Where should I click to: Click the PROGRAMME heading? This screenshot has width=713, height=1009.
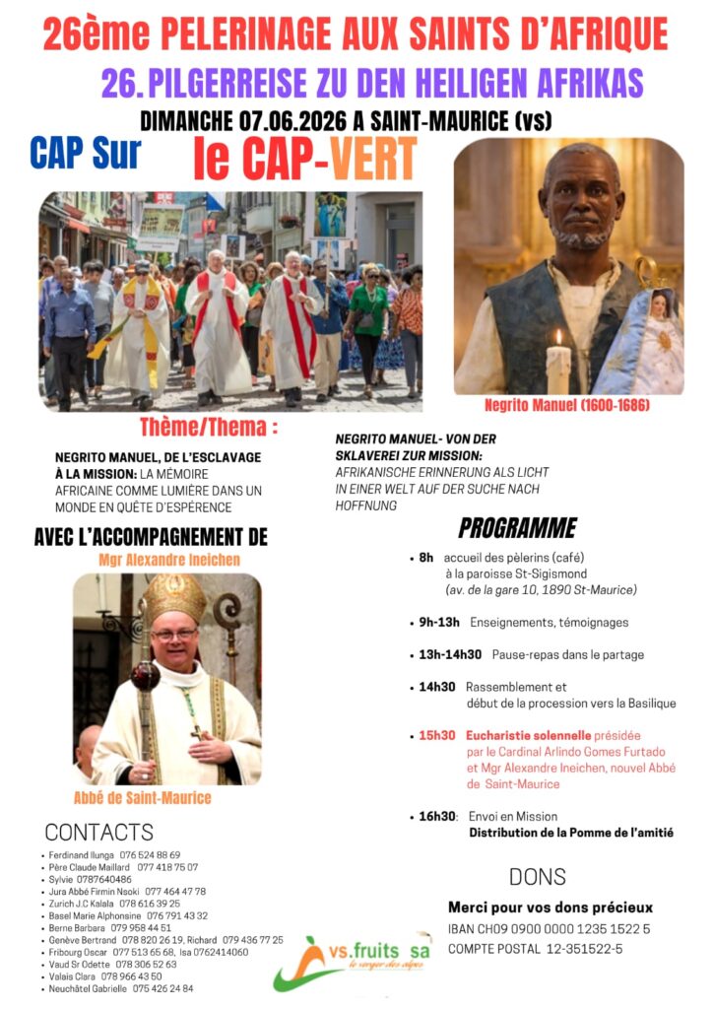coord(517,528)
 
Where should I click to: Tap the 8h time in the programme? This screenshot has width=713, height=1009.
coord(426,558)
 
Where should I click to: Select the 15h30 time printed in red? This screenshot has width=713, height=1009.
coord(436,735)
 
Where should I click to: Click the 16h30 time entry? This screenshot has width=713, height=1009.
coord(438,816)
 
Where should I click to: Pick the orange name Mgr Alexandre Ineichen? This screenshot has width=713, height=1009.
coord(169,560)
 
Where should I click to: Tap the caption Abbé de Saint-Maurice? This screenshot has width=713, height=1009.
coord(143,797)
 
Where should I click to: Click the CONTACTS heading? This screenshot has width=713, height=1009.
coord(99,832)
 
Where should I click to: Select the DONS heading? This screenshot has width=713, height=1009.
coord(537,876)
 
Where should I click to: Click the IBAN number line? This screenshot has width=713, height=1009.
coord(549,928)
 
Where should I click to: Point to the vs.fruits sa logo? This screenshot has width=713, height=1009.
coord(352,961)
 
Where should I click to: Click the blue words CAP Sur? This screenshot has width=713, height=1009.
coord(86,153)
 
